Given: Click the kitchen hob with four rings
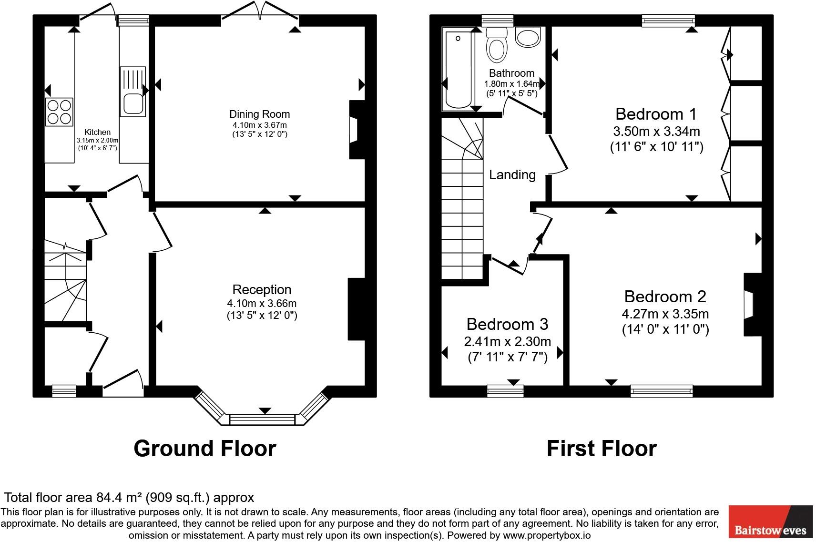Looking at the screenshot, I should click(x=59, y=111).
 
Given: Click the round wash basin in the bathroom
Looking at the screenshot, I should click(x=528, y=37).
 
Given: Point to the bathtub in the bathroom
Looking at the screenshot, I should click(x=458, y=69).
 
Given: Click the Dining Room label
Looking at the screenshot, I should click(x=259, y=114).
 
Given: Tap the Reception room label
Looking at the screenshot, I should click(x=262, y=289).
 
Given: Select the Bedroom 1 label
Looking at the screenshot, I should click(x=656, y=114).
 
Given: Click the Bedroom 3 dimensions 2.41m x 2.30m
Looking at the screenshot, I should click(x=507, y=341).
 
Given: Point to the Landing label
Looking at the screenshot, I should click(x=512, y=175).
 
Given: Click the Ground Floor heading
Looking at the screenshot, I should click(x=204, y=449).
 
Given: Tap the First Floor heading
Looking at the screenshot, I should click(x=601, y=449).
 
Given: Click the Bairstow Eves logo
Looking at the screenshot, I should click(x=770, y=522).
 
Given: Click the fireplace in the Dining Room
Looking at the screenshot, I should click(x=356, y=130).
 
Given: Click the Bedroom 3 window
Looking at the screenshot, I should click(x=505, y=391).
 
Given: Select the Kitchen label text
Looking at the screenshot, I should click(x=97, y=132).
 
